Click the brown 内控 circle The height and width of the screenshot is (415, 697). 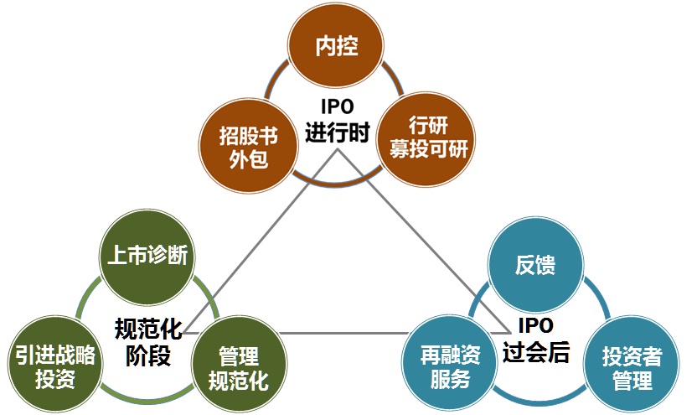(x=336, y=46)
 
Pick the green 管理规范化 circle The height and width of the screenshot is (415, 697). (x=239, y=368)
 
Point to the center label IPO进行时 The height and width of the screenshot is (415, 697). (x=337, y=121)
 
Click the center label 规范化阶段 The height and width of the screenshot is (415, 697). (x=148, y=341)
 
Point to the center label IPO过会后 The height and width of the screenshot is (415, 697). (x=536, y=340)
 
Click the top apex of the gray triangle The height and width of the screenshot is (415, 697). (x=338, y=150)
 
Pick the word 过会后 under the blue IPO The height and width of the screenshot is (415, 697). (x=536, y=353)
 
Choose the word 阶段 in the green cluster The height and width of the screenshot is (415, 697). (x=148, y=355)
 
